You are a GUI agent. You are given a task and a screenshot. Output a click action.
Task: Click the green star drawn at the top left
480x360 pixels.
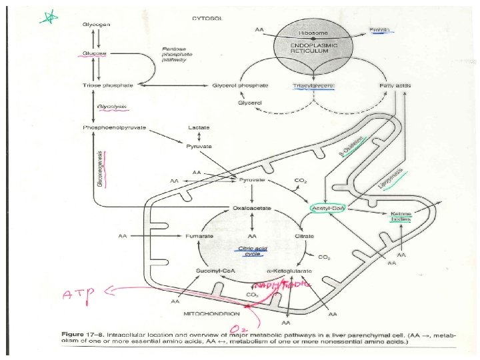click(48, 19)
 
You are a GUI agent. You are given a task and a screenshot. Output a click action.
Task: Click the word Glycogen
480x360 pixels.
click(97, 24)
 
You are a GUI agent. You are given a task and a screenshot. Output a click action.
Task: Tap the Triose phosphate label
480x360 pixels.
click(107, 85)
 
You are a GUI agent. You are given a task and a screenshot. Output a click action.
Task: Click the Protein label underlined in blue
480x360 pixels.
click(381, 31)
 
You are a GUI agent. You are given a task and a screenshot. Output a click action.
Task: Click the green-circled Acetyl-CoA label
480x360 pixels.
click(327, 209)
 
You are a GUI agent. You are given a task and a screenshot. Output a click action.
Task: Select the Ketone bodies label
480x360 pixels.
click(401, 217)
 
